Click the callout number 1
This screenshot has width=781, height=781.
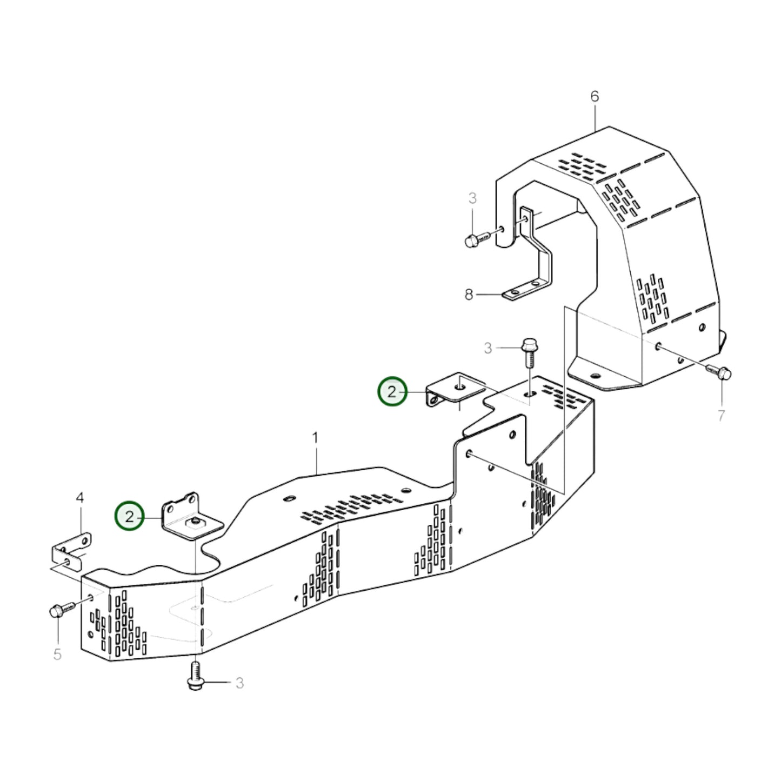coord(316,437)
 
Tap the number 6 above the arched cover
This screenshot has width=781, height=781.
coord(595,97)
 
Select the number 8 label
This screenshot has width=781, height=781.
coord(469,295)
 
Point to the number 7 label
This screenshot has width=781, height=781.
coord(721,416)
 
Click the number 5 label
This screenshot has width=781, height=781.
coord(57,655)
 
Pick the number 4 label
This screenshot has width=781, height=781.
coord(80,498)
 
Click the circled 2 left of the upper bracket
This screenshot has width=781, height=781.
coord(392,391)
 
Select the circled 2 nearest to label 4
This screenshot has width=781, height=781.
coord(129,517)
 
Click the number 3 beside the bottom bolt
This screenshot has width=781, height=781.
coord(239,683)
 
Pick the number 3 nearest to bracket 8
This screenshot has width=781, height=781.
coord(472,198)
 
